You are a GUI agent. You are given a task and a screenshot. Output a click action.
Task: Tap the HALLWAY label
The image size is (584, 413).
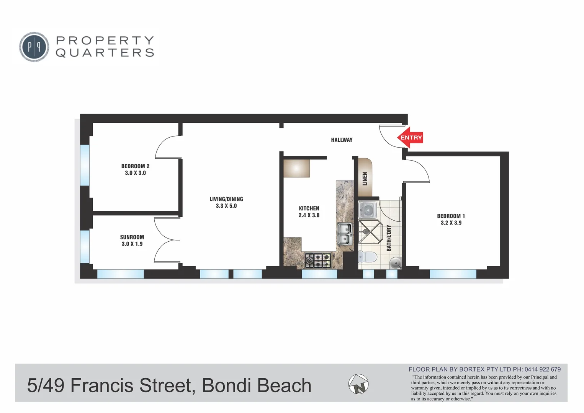[x=342, y=140]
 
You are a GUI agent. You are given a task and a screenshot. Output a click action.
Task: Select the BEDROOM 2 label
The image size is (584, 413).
[x=135, y=166]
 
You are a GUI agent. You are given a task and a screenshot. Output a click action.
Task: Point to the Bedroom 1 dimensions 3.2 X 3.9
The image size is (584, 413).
[x=451, y=223]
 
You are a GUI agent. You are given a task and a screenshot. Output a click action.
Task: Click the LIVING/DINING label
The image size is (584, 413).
[x=226, y=199]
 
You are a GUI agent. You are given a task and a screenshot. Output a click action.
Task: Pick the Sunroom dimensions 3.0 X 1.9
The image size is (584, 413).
[x=132, y=244]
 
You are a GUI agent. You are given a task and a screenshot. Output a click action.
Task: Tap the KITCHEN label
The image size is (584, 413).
[x=309, y=208]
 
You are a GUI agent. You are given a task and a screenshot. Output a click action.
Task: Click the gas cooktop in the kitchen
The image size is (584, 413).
[x=318, y=260]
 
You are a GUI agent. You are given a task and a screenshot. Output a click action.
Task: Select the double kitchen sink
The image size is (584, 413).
[x=344, y=234]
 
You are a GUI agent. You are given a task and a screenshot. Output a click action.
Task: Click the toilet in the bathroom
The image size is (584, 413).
[x=366, y=257]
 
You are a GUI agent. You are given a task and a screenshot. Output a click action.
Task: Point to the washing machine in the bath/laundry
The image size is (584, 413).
[x=368, y=210]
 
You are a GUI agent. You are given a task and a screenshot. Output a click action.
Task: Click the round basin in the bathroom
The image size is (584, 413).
[x=395, y=263]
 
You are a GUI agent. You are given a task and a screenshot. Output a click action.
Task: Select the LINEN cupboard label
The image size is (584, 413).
[x=365, y=179]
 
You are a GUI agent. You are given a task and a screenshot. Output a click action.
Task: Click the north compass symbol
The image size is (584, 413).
[x=358, y=384]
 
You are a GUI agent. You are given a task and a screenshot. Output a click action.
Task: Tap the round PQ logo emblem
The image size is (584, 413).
[x=34, y=47]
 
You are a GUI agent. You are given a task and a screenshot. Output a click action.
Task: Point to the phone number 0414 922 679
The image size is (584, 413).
[x=542, y=369]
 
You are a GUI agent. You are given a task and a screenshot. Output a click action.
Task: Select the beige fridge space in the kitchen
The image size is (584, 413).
[x=296, y=168]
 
